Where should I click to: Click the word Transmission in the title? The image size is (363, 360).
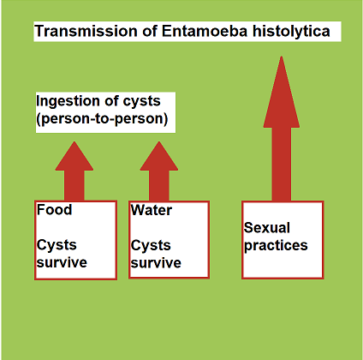[x=86, y=31]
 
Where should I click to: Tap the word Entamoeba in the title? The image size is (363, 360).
[x=205, y=31]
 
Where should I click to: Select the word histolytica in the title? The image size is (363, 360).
[x=291, y=32]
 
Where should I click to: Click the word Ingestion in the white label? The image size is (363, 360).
[x=68, y=101]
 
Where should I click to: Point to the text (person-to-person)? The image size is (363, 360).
[x=102, y=118]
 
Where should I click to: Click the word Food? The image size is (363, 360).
[x=54, y=209]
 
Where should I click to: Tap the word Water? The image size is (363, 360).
[x=152, y=210]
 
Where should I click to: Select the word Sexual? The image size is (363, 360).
[x=267, y=228]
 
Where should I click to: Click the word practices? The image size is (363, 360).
[x=276, y=246]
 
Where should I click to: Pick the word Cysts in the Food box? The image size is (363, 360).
[x=57, y=245]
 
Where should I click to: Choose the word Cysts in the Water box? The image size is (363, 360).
[x=151, y=245]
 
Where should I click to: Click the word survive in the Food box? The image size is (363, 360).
[x=62, y=262]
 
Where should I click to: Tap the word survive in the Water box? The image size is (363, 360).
[x=156, y=263]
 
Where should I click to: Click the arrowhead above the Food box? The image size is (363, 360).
[x=74, y=157]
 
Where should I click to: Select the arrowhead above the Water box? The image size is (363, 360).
[x=159, y=157]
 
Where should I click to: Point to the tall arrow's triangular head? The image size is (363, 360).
[x=282, y=94]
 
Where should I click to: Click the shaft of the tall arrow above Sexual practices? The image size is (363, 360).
[x=282, y=165]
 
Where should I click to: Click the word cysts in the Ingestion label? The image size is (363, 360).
[x=142, y=101]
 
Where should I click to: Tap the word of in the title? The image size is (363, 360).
[x=150, y=31]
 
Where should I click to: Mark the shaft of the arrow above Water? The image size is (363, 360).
[x=159, y=186]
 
